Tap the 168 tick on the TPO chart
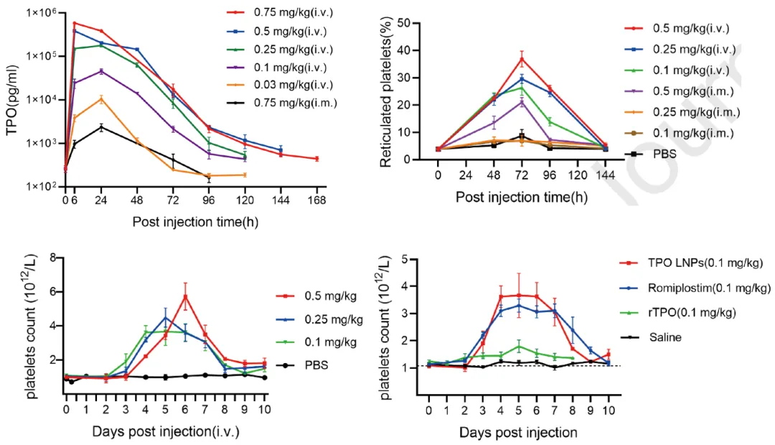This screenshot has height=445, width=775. coord(316,199)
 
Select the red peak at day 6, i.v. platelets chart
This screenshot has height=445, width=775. coord(185,296)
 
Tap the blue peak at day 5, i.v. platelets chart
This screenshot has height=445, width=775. coord(166,318)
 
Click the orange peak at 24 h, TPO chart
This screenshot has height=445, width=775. coord(101,98)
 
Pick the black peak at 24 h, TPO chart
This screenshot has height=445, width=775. coord(101,127)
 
